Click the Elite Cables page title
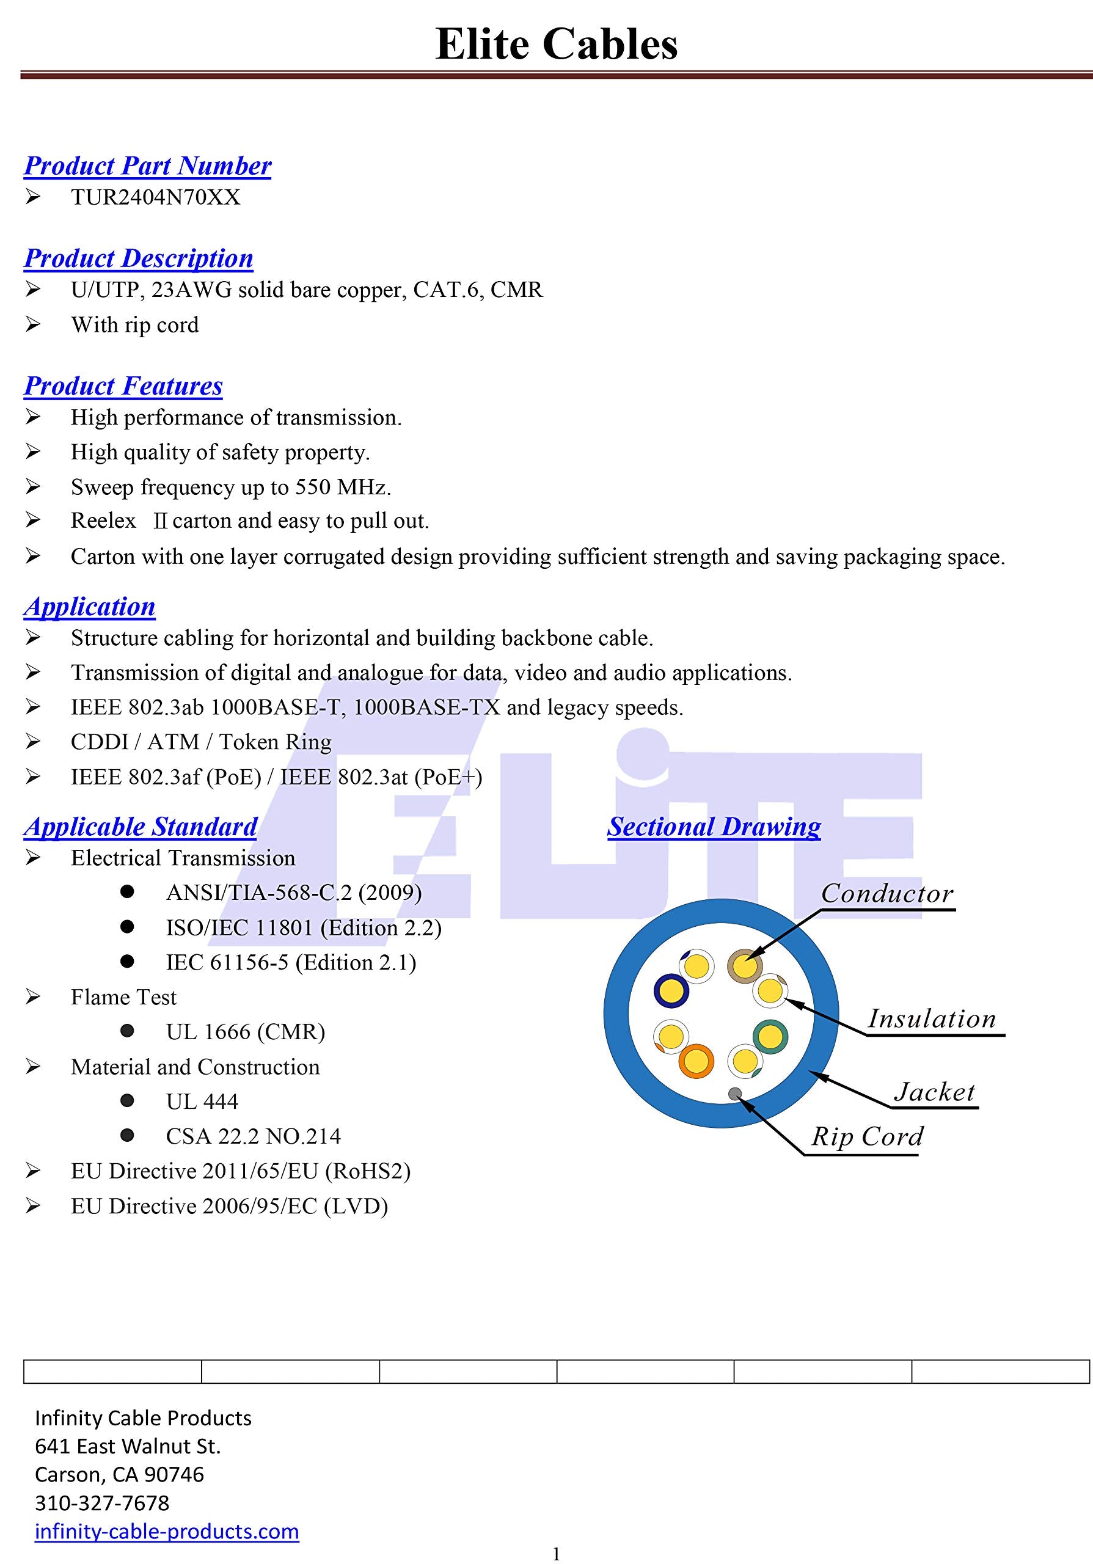[x=556, y=45]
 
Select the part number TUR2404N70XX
[x=155, y=197]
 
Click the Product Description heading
[x=138, y=258]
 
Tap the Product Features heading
[x=123, y=386]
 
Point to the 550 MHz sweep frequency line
[x=230, y=487]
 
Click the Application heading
[x=89, y=606]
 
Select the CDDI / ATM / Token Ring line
[x=201, y=742]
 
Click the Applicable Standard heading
[x=141, y=826]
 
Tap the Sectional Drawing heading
[x=714, y=826]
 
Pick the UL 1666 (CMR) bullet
[x=245, y=1032]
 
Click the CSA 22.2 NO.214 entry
[x=253, y=1136]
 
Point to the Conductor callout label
[x=886, y=894]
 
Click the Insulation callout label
[x=932, y=1019]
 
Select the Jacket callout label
[x=934, y=1092]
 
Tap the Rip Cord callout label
[x=867, y=1136]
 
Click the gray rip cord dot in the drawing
[x=735, y=1094]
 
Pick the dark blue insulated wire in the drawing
[x=671, y=990]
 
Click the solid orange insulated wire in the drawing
[x=695, y=1061]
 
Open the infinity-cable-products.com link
[x=167, y=1531]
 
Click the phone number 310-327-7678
[x=102, y=1503]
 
